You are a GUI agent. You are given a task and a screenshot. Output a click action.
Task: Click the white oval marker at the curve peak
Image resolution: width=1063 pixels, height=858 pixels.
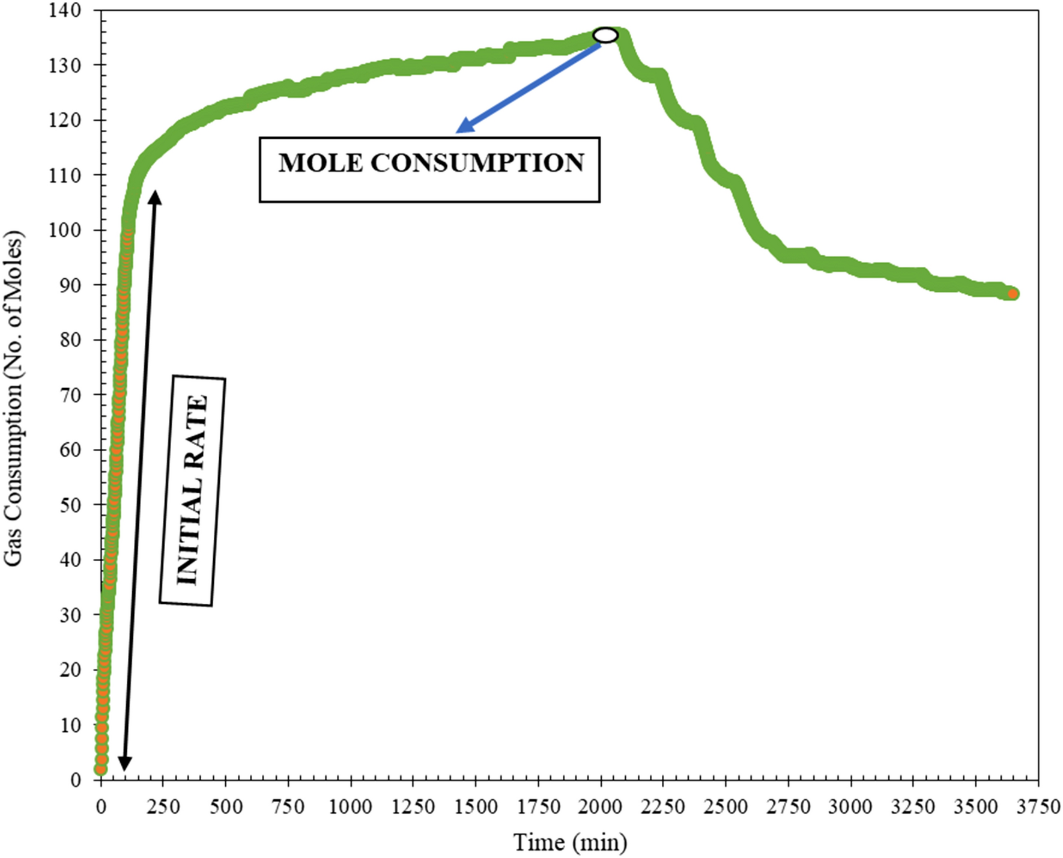point(605,35)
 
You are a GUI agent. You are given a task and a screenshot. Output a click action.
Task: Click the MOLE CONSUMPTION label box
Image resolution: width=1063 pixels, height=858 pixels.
point(429,169)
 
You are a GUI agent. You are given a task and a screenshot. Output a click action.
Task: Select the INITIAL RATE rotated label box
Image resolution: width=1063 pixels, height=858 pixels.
point(192,490)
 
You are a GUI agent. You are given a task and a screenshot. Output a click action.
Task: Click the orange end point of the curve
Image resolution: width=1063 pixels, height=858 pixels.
point(1013,294)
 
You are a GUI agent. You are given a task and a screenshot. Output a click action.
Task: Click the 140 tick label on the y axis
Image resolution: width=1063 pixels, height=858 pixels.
point(64,10)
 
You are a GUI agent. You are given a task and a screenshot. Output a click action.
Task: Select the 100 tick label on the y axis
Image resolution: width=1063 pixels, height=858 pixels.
point(64,230)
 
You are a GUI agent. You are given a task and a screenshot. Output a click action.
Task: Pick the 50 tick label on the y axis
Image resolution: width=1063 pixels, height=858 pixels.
point(70,505)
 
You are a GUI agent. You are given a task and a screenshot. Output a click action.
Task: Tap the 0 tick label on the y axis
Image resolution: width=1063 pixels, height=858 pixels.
point(75,780)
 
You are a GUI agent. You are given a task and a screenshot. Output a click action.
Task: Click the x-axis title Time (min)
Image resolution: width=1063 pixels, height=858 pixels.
point(569,842)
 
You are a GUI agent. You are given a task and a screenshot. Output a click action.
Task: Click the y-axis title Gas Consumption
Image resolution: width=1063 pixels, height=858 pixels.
point(13,398)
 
